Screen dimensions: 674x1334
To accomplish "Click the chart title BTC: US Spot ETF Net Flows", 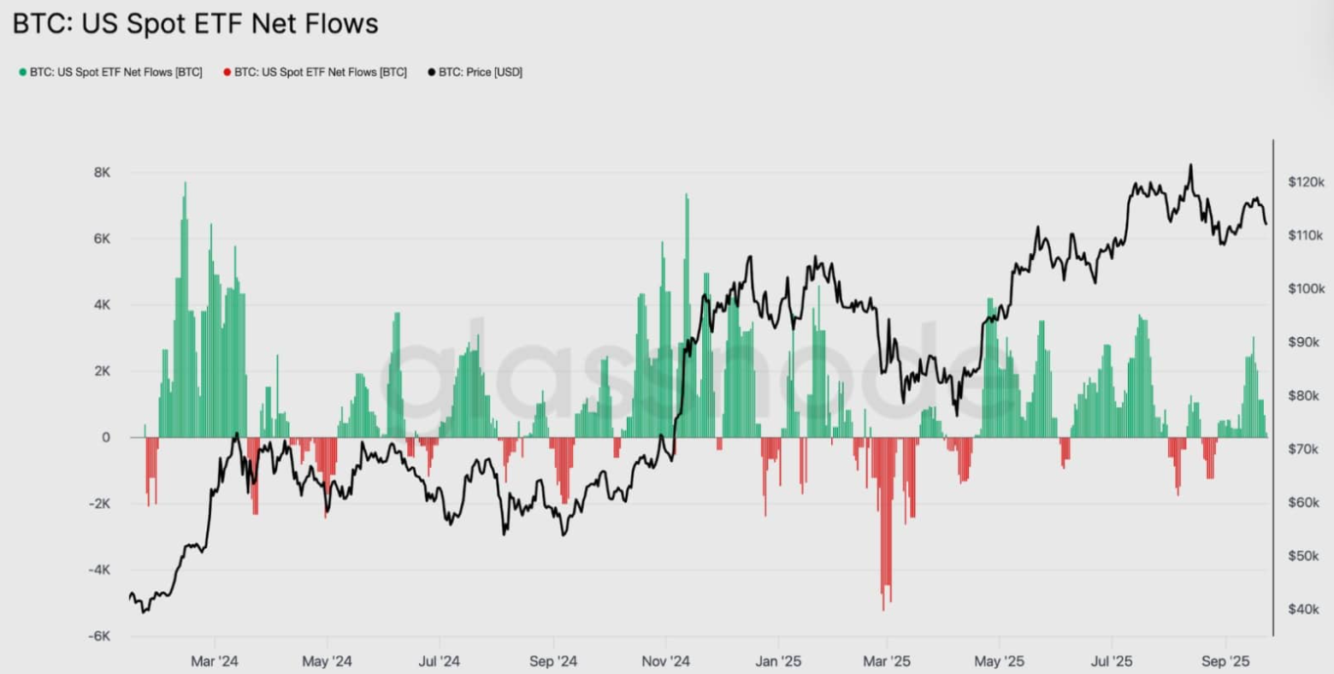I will (195, 23).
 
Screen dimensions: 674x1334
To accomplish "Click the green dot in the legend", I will (22, 73).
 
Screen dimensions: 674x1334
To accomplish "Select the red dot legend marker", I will (227, 73).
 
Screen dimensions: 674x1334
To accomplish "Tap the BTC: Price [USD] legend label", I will (480, 73).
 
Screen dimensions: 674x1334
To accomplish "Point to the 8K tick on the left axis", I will (102, 173).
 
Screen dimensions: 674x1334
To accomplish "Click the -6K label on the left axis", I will (100, 636).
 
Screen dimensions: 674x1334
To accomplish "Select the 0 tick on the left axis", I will (106, 438).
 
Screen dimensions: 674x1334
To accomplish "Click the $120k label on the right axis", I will (1306, 182).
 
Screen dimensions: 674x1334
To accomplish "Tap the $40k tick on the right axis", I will (1304, 609).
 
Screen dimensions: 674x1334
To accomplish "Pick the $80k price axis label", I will (1304, 396).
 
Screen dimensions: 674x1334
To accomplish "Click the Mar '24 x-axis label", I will (215, 661).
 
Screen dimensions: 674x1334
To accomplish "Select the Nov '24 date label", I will (666, 661).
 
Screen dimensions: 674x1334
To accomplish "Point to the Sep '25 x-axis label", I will (1225, 661).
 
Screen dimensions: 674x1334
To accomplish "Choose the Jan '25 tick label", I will (779, 661).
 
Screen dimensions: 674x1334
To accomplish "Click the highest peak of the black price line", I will (1190, 165).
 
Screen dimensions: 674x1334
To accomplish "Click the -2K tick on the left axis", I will (100, 504).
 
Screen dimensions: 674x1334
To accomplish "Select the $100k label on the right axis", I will (1306, 289).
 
